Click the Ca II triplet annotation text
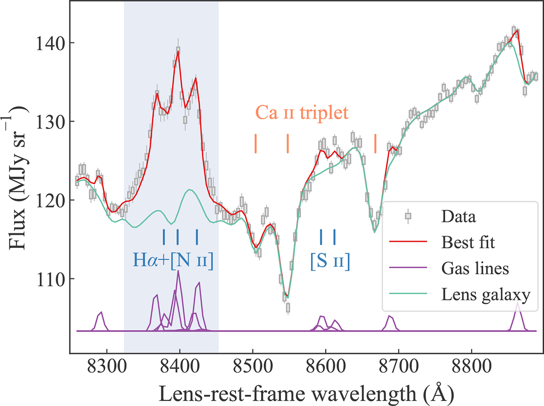tap(301, 112)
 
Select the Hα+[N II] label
tap(173, 261)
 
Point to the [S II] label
tap(330, 261)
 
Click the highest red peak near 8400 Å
tap(178, 52)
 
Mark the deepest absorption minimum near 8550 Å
tap(287, 298)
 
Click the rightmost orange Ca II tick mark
tap(375, 144)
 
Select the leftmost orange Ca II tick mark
tap(256, 144)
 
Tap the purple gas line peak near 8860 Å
tap(518, 303)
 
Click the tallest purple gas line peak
tap(178, 271)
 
